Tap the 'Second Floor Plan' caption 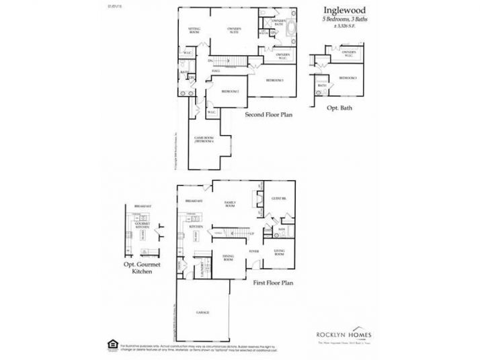(x=269, y=115)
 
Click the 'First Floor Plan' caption (x=273, y=283)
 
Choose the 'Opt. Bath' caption (x=336, y=107)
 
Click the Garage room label (x=202, y=313)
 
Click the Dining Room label (x=228, y=258)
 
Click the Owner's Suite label (x=234, y=30)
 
